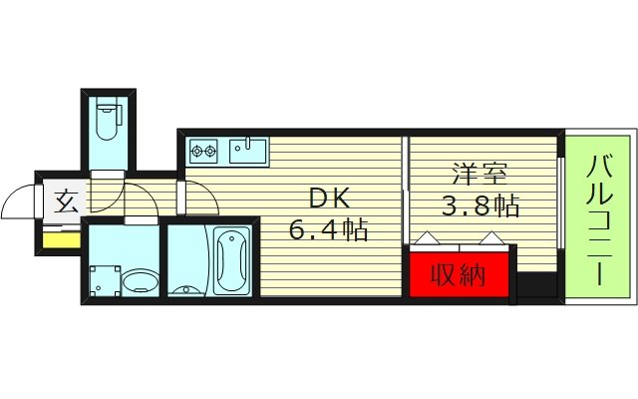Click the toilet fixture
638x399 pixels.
tap(109, 120)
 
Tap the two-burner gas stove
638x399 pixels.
tap(203, 151)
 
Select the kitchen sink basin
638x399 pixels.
tap(248, 151)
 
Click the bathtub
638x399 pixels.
tap(231, 261)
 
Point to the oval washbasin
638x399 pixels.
tap(141, 281)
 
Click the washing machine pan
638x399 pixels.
tap(105, 281)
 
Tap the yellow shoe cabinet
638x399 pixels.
tap(62, 239)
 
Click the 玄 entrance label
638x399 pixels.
tap(66, 201)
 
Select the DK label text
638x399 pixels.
tap(330, 199)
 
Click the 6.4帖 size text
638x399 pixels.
tap(328, 229)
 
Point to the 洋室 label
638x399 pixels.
tap(480, 175)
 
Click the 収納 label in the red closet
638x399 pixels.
tap(459, 275)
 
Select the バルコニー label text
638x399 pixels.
tap(599, 219)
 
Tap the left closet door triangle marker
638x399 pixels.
tap(427, 237)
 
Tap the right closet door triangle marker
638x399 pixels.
tap(491, 237)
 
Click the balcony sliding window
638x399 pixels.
tap(560, 202)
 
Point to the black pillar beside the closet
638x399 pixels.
tap(536, 284)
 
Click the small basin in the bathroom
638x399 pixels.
tap(186, 290)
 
